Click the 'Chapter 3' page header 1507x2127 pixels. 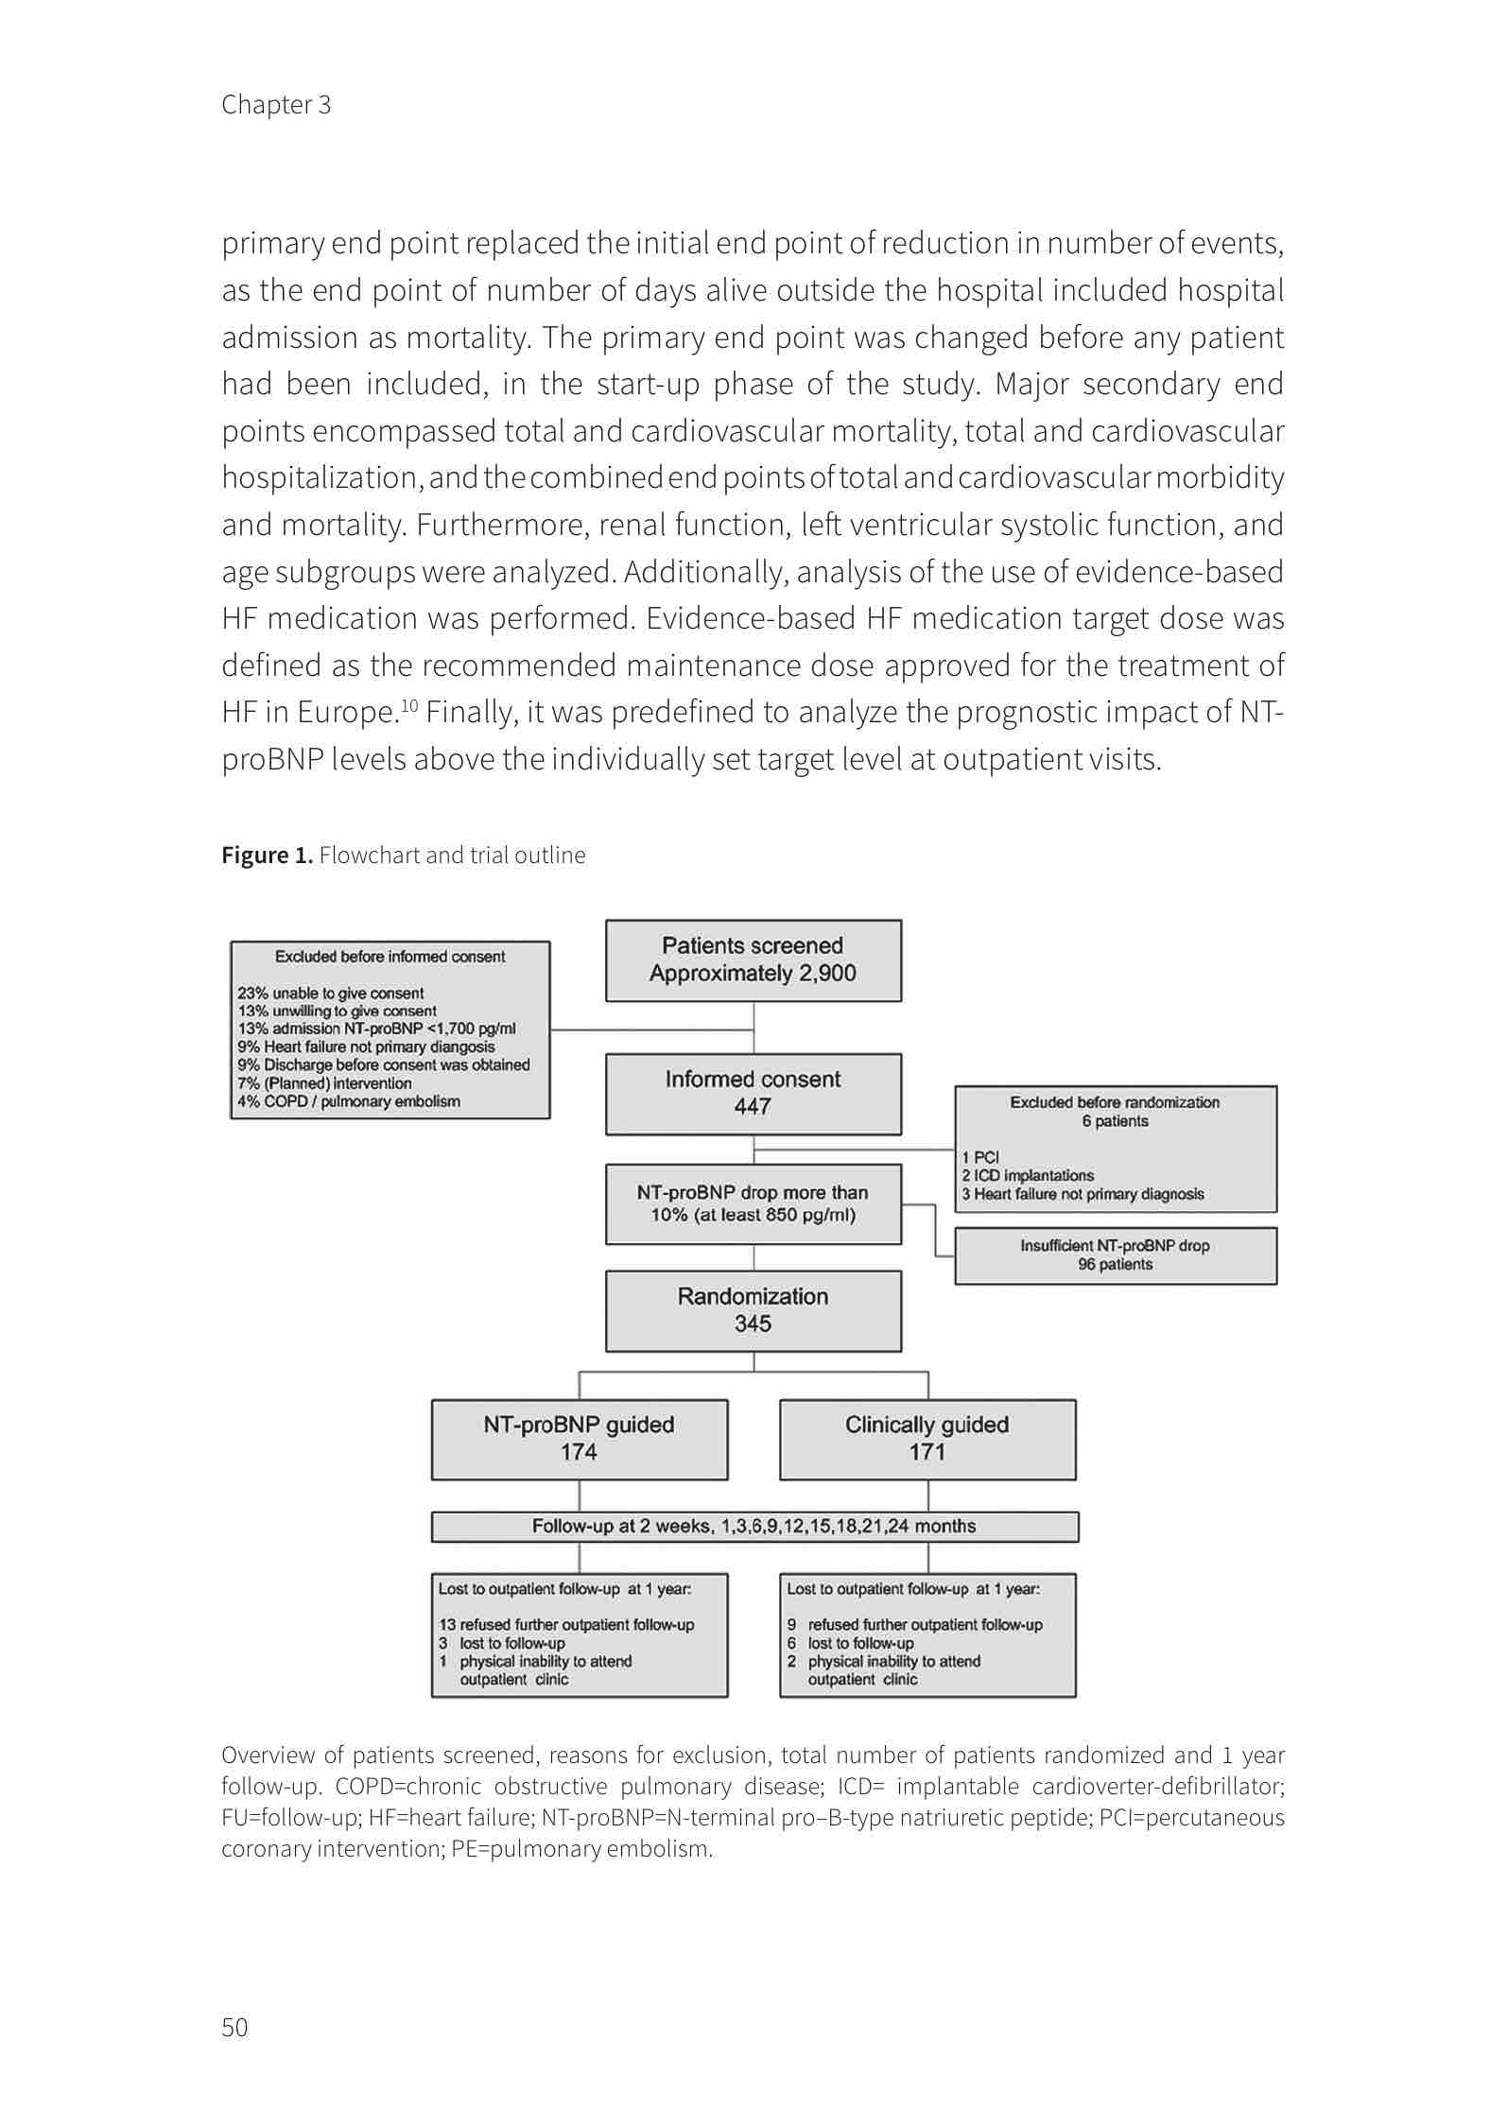pyautogui.click(x=276, y=104)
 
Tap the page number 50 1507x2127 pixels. pyautogui.click(x=234, y=2027)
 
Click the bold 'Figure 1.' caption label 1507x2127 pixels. pyautogui.click(x=267, y=856)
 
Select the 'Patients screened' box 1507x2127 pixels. pyautogui.click(x=753, y=960)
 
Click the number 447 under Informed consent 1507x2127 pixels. pyautogui.click(x=753, y=1106)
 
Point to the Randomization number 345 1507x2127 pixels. pyautogui.click(x=753, y=1323)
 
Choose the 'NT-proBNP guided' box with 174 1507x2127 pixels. pyautogui.click(x=579, y=1439)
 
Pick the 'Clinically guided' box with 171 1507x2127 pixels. pyautogui.click(x=927, y=1439)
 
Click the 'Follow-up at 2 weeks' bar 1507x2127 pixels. pyautogui.click(x=753, y=1526)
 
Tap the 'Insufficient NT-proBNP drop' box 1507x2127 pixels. pyautogui.click(x=1115, y=1255)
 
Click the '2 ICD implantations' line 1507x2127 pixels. pyautogui.click(x=1028, y=1175)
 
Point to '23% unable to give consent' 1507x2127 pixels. pyautogui.click(x=330, y=993)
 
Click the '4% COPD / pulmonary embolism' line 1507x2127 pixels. pyautogui.click(x=348, y=1101)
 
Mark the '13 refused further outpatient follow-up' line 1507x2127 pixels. pyautogui.click(x=566, y=1624)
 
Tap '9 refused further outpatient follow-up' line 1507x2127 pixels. pyautogui.click(x=915, y=1624)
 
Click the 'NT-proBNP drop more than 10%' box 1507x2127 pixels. pyautogui.click(x=753, y=1203)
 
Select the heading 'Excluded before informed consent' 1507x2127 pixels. pyautogui.click(x=390, y=957)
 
